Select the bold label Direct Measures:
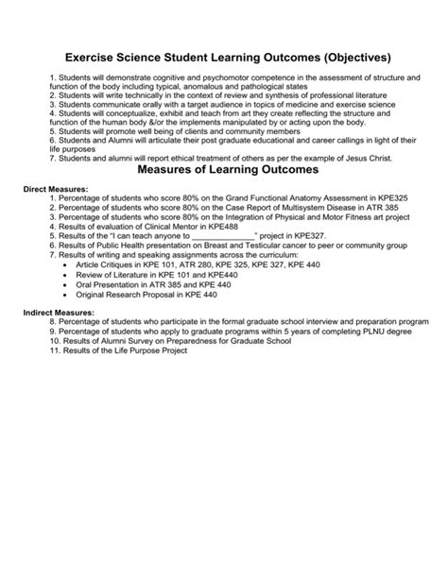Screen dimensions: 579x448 55,190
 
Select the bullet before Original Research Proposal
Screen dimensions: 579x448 66,295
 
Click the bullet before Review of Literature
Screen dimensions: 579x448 66,276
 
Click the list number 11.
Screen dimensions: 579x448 55,350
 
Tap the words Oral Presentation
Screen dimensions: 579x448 107,285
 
